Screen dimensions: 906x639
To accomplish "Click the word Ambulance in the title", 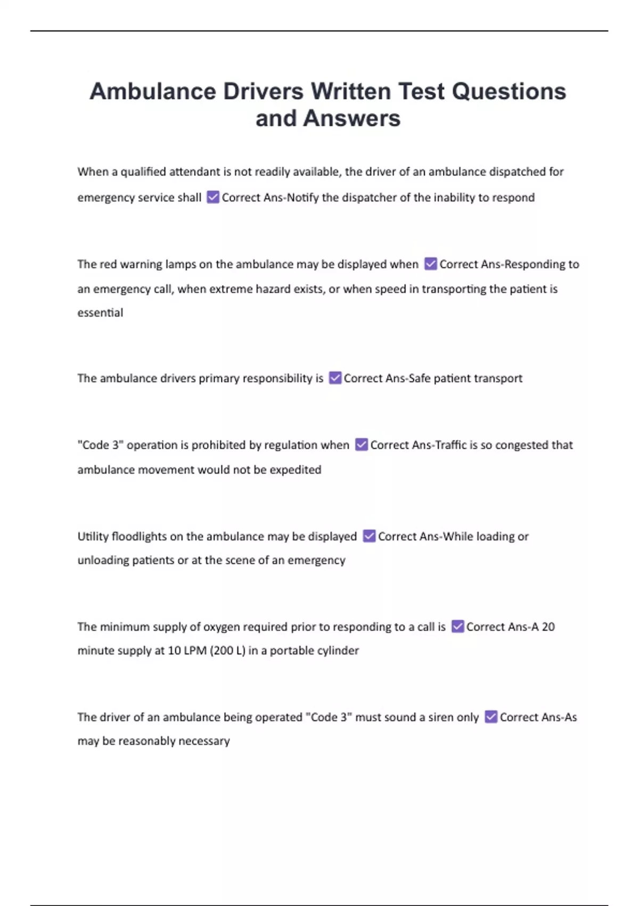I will click(x=153, y=91).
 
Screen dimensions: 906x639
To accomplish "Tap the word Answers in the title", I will click(x=351, y=118).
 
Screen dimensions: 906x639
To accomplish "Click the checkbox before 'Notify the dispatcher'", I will click(x=213, y=197).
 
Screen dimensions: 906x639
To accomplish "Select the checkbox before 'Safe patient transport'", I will click(x=335, y=378).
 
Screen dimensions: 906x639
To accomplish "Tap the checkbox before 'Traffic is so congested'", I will click(x=362, y=444).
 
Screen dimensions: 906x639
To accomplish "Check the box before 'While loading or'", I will click(x=369, y=536).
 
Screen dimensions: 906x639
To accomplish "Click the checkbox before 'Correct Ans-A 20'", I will click(x=457, y=626).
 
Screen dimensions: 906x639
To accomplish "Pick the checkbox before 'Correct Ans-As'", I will click(x=491, y=717).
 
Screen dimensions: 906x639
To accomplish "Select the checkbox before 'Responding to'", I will click(x=431, y=264).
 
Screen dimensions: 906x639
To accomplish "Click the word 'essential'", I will click(x=100, y=313).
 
